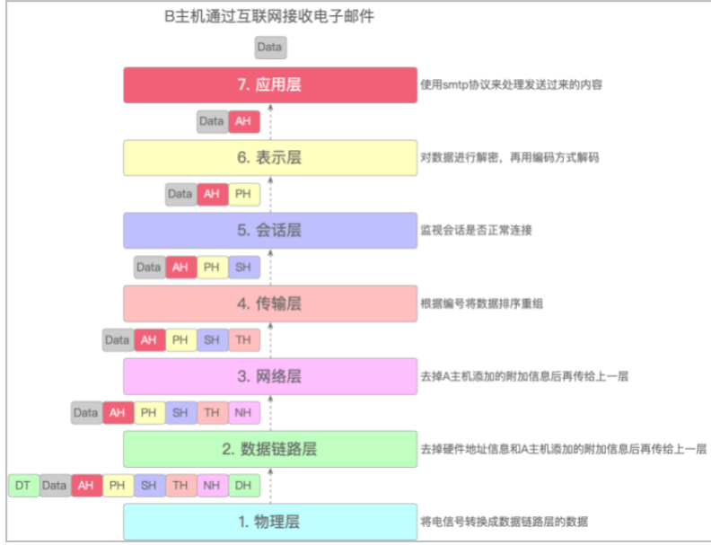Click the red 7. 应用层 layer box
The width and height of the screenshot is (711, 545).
(x=269, y=85)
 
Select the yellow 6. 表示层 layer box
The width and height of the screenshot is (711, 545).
(x=269, y=157)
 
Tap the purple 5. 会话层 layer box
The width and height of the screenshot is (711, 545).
(x=269, y=230)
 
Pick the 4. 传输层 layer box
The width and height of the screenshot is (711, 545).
(x=269, y=303)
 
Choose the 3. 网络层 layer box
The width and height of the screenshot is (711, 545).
(x=269, y=376)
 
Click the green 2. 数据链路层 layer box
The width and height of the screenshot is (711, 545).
(x=269, y=449)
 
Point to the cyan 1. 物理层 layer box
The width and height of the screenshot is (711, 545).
(x=269, y=522)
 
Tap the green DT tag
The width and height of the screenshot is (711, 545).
(x=22, y=486)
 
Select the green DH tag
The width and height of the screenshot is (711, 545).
(x=243, y=486)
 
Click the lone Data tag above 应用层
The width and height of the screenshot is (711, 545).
(x=269, y=47)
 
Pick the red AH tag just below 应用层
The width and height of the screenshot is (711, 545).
(x=241, y=121)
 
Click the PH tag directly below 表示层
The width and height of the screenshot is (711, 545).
(x=241, y=194)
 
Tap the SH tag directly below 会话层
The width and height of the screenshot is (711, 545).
(x=241, y=267)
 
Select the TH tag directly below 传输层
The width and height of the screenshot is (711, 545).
(x=242, y=340)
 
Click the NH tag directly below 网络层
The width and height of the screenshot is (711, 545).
(x=242, y=413)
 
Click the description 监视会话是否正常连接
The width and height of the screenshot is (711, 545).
(x=477, y=231)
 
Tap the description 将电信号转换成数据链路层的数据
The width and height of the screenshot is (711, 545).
(x=505, y=522)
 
